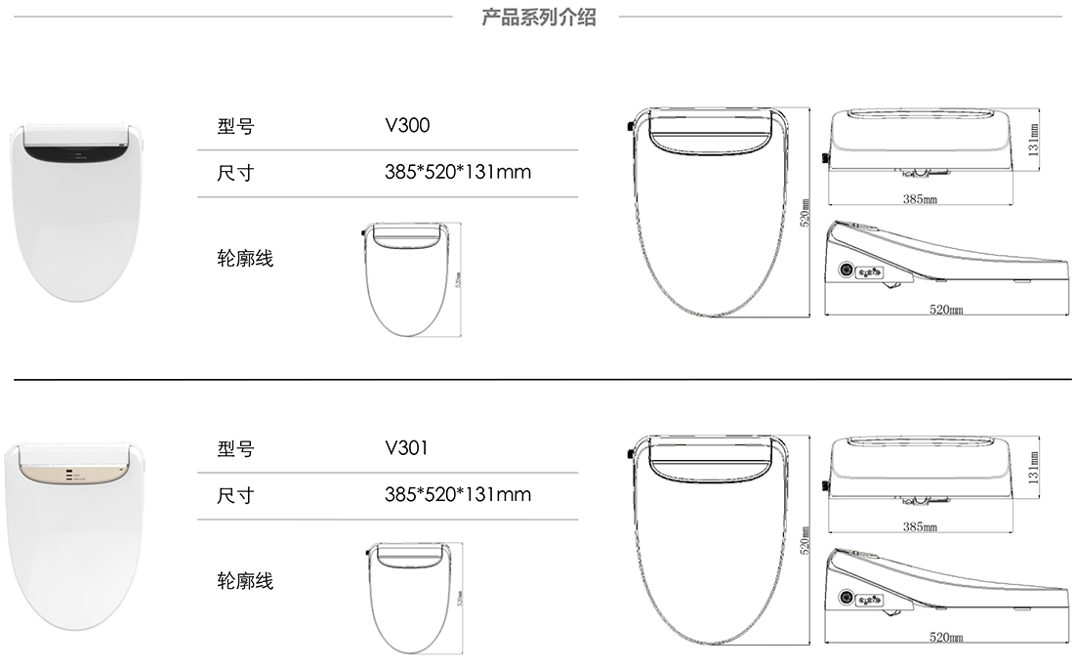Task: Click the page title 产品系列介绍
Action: (538, 17)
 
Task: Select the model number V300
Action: (407, 126)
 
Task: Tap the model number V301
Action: (407, 448)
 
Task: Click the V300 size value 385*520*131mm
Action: (458, 173)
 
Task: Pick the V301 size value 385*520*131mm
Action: (458, 494)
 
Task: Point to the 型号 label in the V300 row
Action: (235, 127)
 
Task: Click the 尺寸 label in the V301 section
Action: (235, 495)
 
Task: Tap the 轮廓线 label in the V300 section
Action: (245, 259)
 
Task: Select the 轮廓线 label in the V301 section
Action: (245, 581)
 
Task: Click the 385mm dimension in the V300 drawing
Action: (920, 198)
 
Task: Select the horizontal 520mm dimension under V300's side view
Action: (945, 309)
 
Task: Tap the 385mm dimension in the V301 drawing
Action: (920, 527)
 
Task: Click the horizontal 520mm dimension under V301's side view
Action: (945, 637)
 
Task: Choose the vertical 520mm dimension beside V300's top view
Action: (805, 214)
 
